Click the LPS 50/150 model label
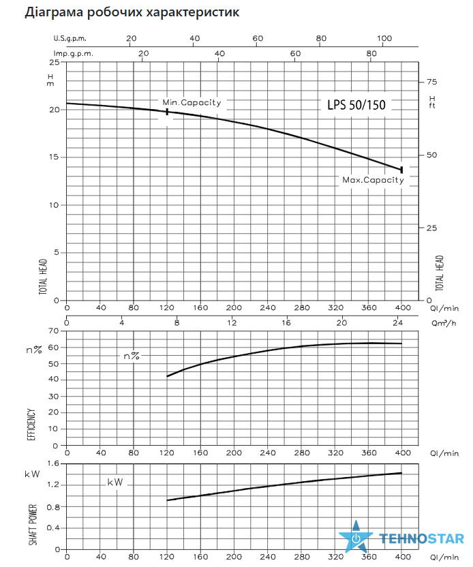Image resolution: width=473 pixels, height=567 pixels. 356,105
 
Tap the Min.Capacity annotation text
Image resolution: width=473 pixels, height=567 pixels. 192,103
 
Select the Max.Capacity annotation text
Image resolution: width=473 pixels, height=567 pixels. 373,180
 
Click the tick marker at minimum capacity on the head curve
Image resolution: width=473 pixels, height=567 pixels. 167,112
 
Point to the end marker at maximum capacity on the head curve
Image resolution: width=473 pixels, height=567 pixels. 401,170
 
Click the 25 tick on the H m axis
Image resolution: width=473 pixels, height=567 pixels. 55,62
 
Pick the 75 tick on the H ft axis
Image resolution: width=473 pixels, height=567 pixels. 432,82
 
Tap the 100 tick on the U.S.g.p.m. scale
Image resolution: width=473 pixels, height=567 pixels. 384,38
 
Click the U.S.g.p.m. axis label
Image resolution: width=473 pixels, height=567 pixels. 70,39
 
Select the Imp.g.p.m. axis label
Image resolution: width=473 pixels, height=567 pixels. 74,54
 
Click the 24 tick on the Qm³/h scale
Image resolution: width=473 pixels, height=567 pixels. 397,322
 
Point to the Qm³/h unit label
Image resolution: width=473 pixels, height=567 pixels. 444,323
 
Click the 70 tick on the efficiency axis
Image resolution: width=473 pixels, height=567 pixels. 53,331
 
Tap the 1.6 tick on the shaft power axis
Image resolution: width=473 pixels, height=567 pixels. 52,463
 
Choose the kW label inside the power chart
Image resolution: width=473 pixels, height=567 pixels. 115,482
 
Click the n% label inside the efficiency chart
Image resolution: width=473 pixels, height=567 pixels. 132,356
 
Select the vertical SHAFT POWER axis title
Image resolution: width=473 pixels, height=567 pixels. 33,525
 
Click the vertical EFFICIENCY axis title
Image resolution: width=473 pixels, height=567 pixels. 31,425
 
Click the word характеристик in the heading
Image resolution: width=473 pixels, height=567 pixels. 193,12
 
